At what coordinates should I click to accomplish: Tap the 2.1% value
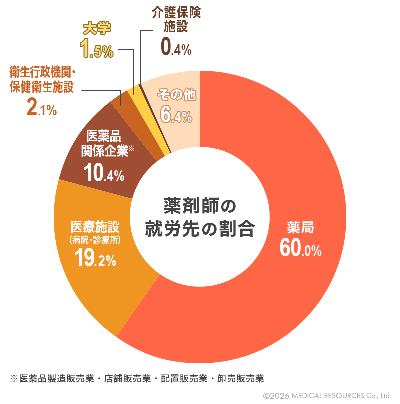pyautogui.click(x=41, y=108)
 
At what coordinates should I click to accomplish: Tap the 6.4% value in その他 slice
pyautogui.click(x=176, y=115)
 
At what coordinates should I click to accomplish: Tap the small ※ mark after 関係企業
pyautogui.click(x=132, y=148)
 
